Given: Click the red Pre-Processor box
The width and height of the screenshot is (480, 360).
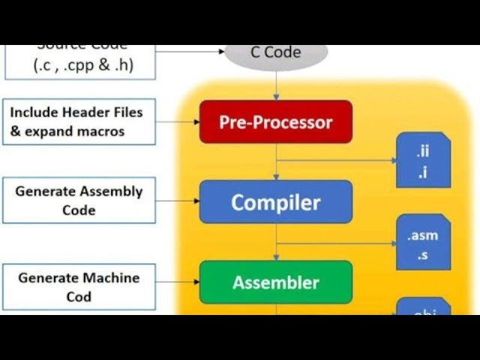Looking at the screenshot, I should click(x=275, y=121).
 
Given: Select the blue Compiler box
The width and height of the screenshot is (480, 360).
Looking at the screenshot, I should click(x=275, y=202).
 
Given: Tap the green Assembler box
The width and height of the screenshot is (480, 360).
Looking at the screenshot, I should click(x=275, y=282).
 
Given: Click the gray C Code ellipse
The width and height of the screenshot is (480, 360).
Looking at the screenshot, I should click(x=276, y=53).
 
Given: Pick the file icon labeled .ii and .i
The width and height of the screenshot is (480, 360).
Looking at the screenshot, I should click(x=423, y=160).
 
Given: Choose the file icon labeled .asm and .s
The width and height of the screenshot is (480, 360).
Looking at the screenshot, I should click(x=423, y=242).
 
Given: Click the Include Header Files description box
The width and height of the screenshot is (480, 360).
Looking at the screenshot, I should click(x=79, y=121).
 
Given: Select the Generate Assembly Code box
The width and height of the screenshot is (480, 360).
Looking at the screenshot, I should click(x=79, y=200).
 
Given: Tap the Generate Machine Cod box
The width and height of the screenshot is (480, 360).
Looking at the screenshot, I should click(x=79, y=286).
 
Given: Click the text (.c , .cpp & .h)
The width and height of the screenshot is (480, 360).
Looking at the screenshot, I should click(x=83, y=65).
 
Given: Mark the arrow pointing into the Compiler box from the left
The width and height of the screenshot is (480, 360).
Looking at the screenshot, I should click(x=178, y=201).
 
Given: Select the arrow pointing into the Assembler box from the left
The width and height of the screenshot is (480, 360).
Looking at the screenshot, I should click(x=178, y=282).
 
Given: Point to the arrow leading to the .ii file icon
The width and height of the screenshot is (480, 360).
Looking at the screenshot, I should click(x=337, y=160).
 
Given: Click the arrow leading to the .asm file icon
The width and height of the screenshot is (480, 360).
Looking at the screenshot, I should click(x=337, y=243).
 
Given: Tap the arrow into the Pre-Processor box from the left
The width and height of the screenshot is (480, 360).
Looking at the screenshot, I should click(x=178, y=121).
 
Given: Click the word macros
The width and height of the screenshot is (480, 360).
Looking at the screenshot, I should click(x=100, y=131).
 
